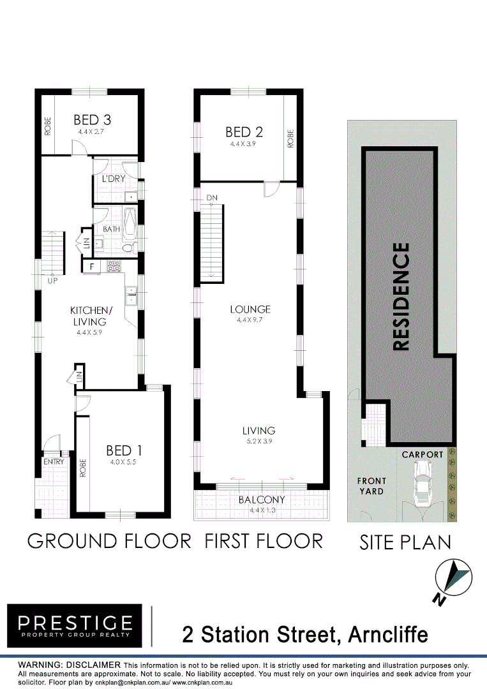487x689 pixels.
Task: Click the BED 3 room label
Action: pos(93,119)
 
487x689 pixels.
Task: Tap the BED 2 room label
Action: pos(244,132)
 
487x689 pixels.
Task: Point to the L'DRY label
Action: pos(114,179)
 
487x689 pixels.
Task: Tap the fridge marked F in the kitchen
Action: pos(92,267)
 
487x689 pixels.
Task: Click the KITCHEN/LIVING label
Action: pos(91,316)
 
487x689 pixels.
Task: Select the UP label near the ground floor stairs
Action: pos(52,280)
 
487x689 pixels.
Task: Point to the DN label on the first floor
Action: pos(212,198)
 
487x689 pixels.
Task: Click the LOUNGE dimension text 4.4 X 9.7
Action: pos(250,320)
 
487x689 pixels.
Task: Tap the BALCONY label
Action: pos(262,500)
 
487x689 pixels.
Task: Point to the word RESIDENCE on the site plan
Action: pos(400,297)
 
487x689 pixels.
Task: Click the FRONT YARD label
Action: pos(371,486)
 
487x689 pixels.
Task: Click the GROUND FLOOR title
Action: pos(109,541)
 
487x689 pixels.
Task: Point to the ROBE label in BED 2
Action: pos(290,138)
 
